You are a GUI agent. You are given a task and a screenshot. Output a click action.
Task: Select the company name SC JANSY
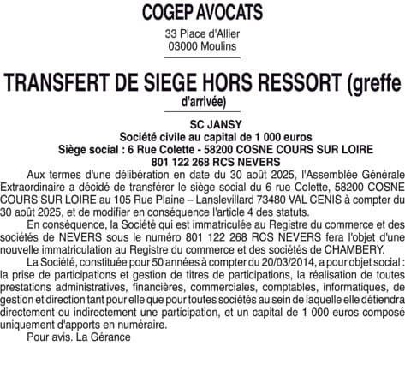tap(203, 125)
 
